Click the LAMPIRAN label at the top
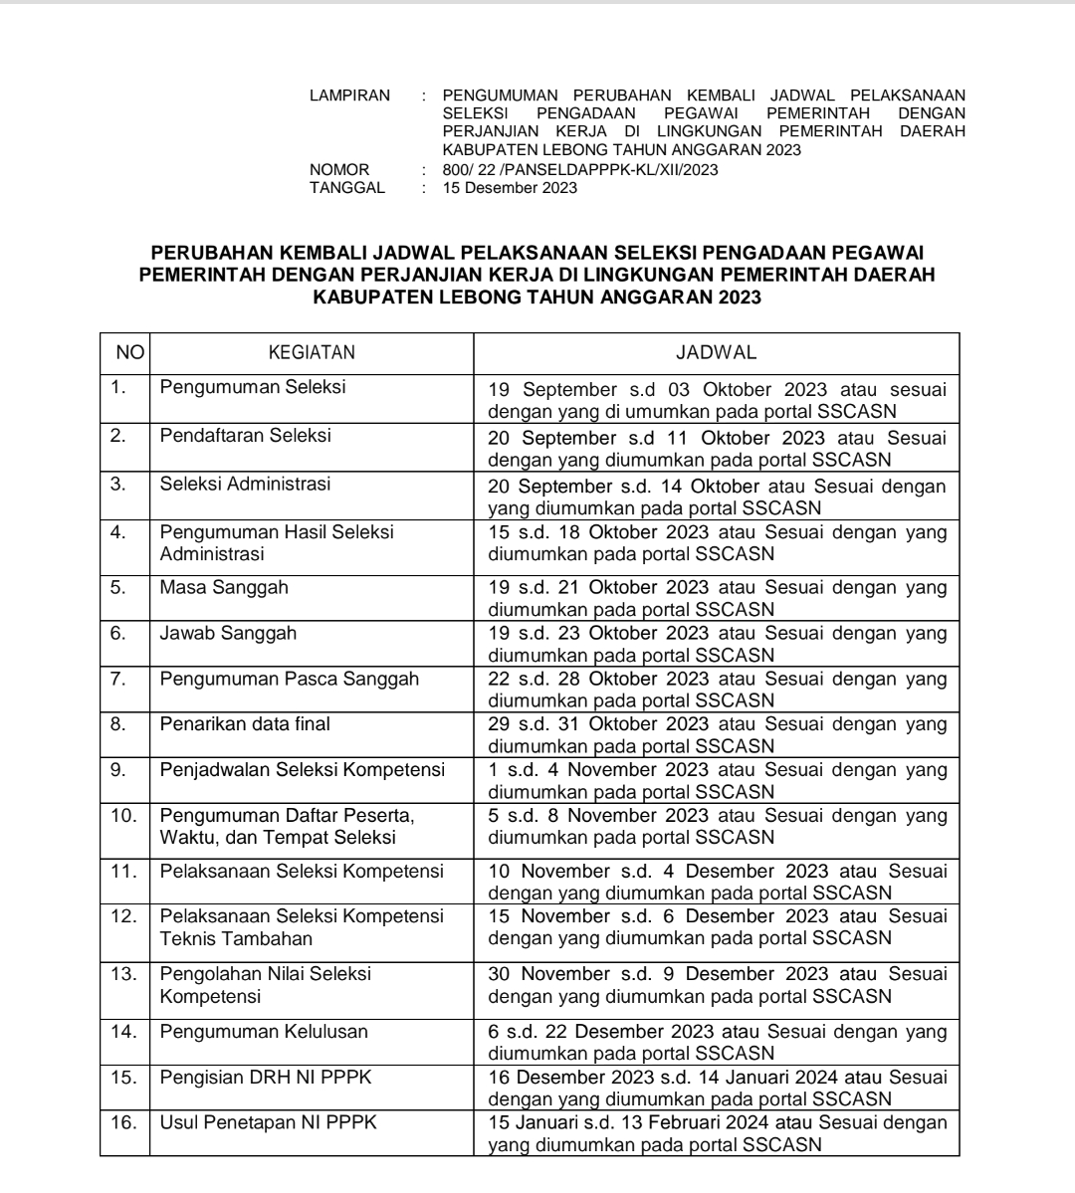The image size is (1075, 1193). click(x=350, y=96)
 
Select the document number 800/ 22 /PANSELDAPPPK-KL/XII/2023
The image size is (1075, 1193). click(x=579, y=170)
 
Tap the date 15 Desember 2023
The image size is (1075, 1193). click(x=510, y=188)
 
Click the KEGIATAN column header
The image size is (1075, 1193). click(x=312, y=352)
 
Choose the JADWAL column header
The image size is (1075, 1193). click(x=717, y=352)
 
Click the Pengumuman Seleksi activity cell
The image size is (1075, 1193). click(x=253, y=387)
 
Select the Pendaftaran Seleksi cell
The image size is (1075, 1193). click(x=246, y=436)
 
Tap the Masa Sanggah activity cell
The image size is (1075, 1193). click(x=224, y=587)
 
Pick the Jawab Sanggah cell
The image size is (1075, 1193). click(x=228, y=633)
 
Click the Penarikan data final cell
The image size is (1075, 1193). click(x=245, y=724)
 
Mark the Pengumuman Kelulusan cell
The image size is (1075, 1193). click(x=264, y=1032)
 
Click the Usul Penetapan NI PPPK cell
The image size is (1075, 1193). click(x=269, y=1123)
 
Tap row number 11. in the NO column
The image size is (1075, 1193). click(x=124, y=872)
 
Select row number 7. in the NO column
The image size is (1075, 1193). click(x=118, y=680)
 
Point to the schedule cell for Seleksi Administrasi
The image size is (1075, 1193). click(x=717, y=497)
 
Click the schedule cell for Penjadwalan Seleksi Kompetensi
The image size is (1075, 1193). click(x=717, y=781)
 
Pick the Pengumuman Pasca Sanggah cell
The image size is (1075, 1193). click(x=290, y=680)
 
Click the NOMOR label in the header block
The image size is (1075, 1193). click(x=339, y=170)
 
